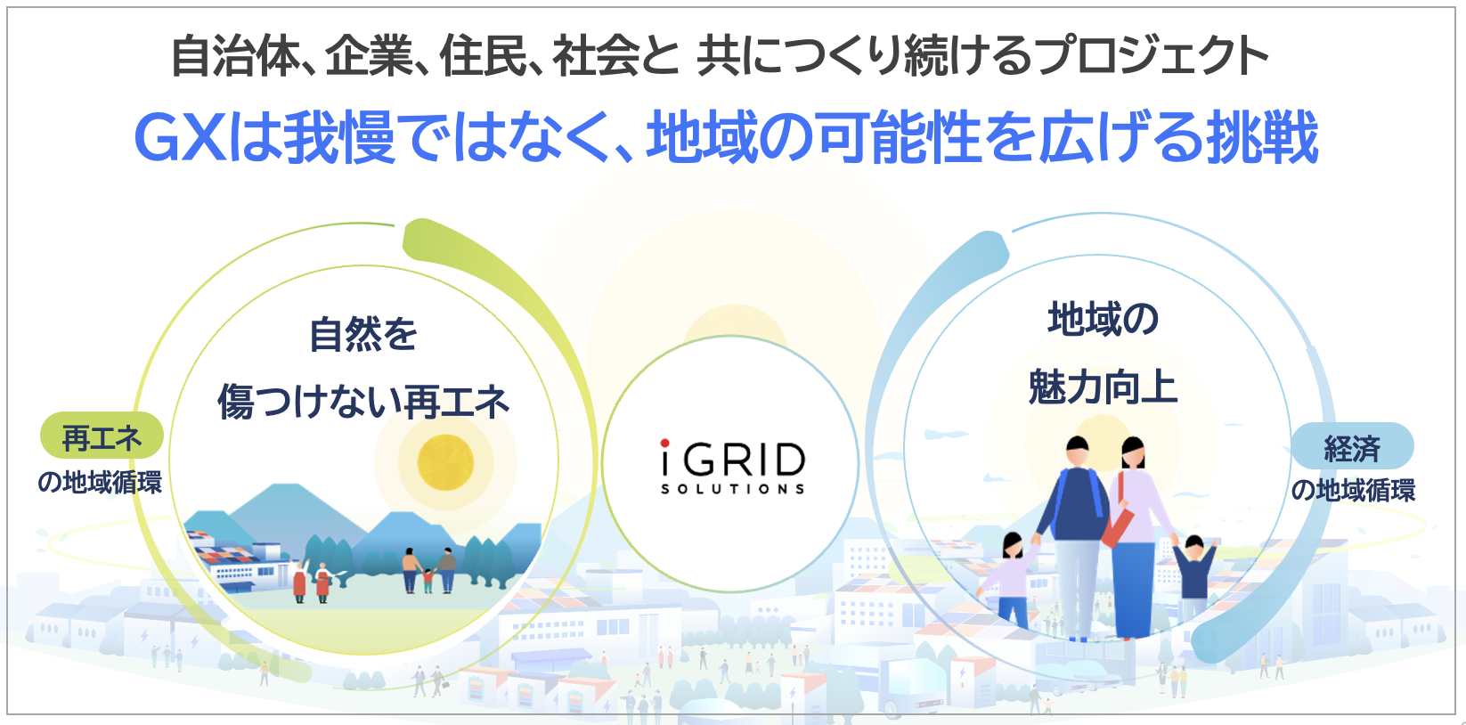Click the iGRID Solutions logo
[732, 466]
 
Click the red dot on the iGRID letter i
[665, 443]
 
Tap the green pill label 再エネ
[102, 436]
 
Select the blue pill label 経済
[1352, 446]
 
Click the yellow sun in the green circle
[445, 462]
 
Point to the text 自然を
[363, 334]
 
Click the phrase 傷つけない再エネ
[363, 401]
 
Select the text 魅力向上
[1103, 387]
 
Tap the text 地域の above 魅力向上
[1103, 319]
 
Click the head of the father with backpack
[1077, 452]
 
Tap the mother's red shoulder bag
[1118, 524]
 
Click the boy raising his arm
[1194, 575]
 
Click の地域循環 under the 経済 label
[1353, 490]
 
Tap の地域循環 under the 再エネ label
[100, 482]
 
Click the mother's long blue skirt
[1133, 589]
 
